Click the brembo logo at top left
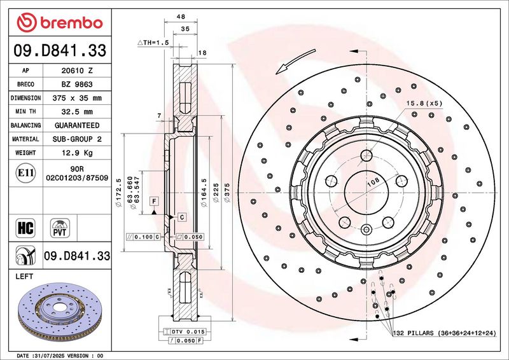[x=60, y=23]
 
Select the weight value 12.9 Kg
[x=77, y=153]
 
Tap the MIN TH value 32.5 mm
[x=77, y=112]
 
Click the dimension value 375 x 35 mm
[x=77, y=98]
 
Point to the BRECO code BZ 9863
[x=77, y=85]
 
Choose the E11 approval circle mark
[x=25, y=173]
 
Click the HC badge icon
[x=25, y=228]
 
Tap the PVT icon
[x=60, y=228]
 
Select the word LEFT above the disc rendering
[x=24, y=276]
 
